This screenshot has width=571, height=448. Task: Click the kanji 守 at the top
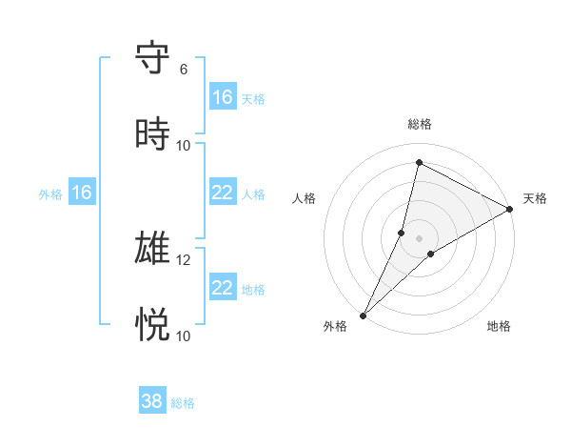coord(153,58)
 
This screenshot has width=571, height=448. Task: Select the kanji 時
coord(153,134)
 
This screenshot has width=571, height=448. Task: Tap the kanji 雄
coord(153,249)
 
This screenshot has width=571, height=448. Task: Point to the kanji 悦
coord(153,325)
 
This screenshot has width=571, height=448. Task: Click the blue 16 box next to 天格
coord(223,97)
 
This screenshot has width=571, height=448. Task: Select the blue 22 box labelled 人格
coord(223,193)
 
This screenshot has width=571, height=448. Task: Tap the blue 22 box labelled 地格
coord(223,288)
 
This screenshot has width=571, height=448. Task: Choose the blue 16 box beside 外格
coord(82,193)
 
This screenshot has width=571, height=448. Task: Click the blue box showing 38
coord(152,401)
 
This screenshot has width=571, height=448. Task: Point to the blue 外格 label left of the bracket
coord(50,193)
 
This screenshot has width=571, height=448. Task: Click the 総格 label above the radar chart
coord(420,124)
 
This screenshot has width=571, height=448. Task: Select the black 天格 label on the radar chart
coord(535,198)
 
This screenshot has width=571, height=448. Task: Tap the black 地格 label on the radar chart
coord(499,327)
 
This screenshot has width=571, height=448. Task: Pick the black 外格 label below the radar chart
coord(335,327)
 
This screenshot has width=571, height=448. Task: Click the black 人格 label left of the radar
coord(304,198)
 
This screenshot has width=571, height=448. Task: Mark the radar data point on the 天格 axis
coord(510,209)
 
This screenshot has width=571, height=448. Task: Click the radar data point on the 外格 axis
coord(364,315)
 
